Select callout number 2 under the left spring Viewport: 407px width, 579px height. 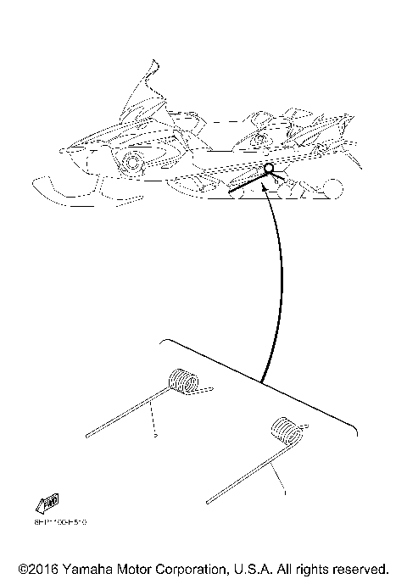click(156, 436)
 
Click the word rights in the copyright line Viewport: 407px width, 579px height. click(314, 568)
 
